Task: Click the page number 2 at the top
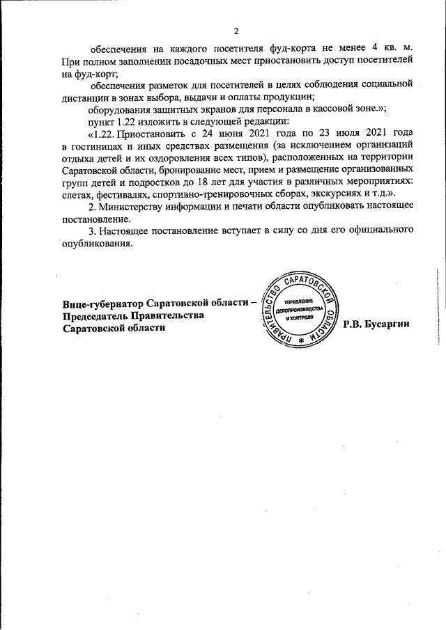pos(236,31)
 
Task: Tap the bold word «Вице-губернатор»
pos(103,304)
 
